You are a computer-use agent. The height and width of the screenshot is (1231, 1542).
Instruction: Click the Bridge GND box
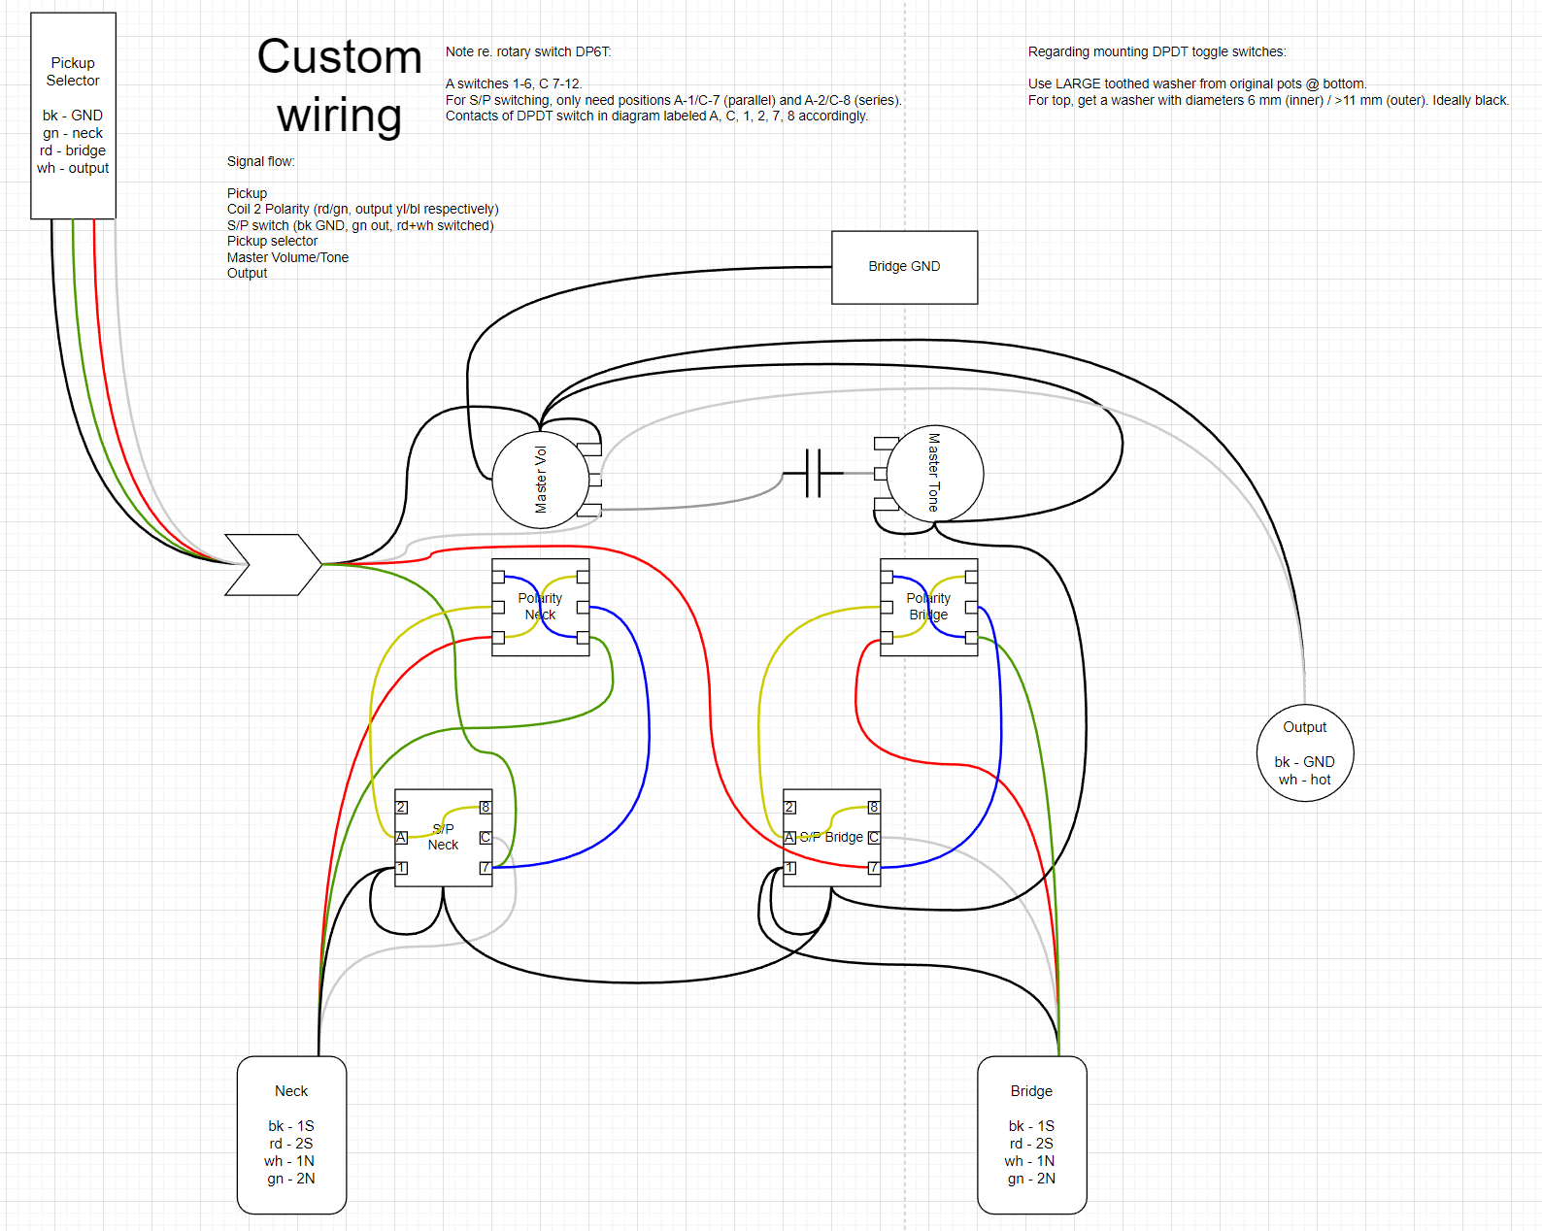click(x=904, y=267)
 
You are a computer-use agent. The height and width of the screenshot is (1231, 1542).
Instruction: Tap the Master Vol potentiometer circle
click(x=541, y=480)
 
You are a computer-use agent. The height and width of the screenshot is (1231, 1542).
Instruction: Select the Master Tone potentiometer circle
click(x=935, y=473)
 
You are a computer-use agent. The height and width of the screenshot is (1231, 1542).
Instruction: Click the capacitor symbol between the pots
click(x=813, y=473)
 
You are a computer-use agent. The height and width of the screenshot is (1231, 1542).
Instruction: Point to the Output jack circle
click(x=1304, y=752)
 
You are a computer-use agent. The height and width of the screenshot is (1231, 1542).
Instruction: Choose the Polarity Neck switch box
click(x=540, y=607)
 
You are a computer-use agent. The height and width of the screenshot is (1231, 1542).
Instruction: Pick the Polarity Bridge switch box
click(x=928, y=607)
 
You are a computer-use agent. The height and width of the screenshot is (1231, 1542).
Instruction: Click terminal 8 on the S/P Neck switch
click(x=486, y=808)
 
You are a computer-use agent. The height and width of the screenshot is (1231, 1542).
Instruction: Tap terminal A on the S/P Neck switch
click(x=401, y=837)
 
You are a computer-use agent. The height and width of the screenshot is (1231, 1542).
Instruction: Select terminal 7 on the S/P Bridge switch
click(x=874, y=868)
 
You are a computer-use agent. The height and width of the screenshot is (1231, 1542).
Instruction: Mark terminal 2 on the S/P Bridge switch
click(x=789, y=808)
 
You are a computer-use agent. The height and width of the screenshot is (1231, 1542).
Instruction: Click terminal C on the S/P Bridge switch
click(x=874, y=837)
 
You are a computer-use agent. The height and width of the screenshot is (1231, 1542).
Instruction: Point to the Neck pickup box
click(x=291, y=1134)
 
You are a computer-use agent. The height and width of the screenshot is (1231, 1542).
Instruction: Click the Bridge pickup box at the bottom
click(x=1031, y=1134)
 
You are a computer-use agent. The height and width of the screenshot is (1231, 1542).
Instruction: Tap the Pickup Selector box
click(x=73, y=116)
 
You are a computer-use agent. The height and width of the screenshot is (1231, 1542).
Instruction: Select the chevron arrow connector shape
click(x=273, y=564)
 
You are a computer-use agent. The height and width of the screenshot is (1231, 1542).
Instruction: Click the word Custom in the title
click(x=340, y=56)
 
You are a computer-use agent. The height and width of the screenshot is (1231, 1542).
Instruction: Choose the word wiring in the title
click(x=340, y=116)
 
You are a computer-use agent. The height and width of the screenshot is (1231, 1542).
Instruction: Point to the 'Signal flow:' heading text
click(x=261, y=161)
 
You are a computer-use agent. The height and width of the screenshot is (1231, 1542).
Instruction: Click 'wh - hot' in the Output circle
click(x=1304, y=780)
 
